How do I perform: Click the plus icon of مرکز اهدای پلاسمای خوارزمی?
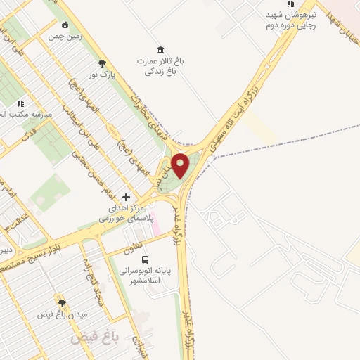click(x=127, y=198)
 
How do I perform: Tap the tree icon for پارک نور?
click(x=103, y=63)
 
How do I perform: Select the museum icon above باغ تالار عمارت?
click(x=162, y=50)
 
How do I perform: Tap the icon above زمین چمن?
click(x=65, y=25)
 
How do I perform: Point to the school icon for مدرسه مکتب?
click(x=20, y=103)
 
